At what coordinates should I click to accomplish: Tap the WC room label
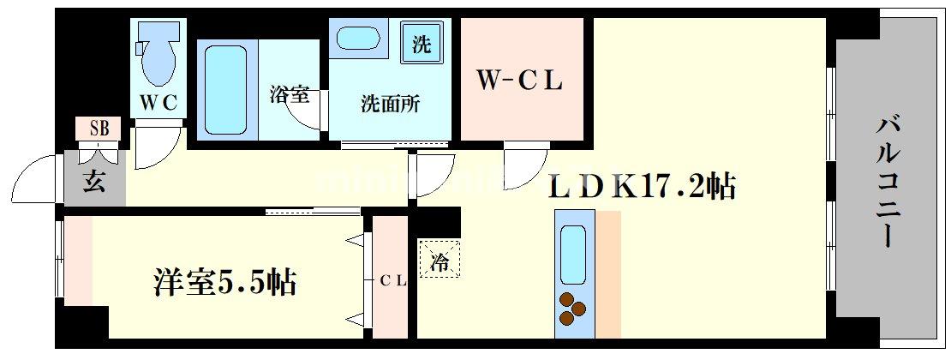[159, 104]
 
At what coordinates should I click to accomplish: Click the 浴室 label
[289, 95]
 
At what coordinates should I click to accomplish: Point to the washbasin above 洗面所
[360, 39]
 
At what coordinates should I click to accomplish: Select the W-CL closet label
[519, 82]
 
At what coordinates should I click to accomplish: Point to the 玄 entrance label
[94, 182]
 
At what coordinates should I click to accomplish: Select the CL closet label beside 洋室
[392, 279]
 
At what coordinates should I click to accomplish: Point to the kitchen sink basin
[572, 253]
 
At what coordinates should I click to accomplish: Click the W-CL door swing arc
[523, 163]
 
